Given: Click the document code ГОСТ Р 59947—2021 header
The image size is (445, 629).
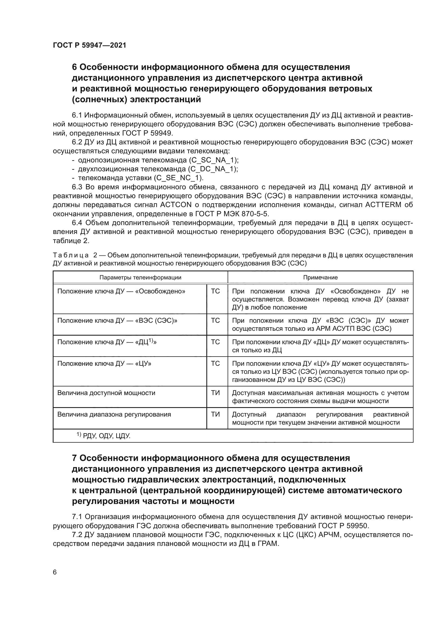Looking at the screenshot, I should [90, 45].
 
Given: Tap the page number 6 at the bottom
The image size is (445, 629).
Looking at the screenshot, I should [55, 572].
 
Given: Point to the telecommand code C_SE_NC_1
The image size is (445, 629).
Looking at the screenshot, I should [178, 178].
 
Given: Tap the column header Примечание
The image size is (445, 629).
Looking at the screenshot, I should [320, 278].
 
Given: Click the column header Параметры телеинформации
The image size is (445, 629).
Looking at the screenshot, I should [140, 278].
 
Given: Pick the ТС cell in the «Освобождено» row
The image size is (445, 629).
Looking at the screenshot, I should [216, 291].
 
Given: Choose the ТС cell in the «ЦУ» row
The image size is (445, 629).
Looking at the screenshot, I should [216, 364].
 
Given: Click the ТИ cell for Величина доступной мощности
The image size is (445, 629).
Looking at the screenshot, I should [216, 393].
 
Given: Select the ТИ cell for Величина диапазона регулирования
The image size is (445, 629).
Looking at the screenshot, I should [216, 414].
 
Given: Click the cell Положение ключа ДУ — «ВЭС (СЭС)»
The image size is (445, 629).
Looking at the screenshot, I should [117, 321].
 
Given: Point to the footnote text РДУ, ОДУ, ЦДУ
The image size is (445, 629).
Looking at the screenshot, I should [107, 436].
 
